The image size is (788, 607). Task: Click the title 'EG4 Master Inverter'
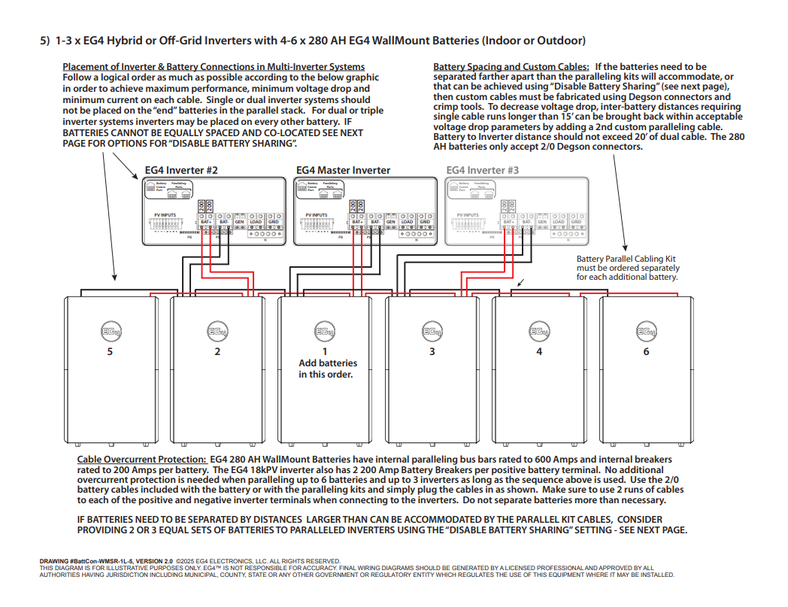[x=343, y=171]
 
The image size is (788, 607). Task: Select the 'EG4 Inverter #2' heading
[x=181, y=171]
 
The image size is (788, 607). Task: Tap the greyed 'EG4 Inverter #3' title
[x=482, y=171]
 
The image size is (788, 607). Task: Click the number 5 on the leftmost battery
[x=110, y=351]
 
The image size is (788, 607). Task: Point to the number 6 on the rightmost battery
[x=646, y=351]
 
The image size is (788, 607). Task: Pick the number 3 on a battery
[x=432, y=351]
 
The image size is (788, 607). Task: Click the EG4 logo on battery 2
[x=217, y=331]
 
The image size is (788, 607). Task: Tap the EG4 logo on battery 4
[x=539, y=331]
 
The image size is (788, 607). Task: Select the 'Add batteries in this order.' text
[x=328, y=369]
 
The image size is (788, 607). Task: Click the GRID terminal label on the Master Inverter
[x=425, y=222]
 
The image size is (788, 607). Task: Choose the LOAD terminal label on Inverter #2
[x=256, y=222]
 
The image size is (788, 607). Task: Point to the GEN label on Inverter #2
[x=239, y=222]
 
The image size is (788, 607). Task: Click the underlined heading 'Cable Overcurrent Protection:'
[x=141, y=459]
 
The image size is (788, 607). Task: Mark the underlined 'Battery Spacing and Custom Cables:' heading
[x=511, y=67]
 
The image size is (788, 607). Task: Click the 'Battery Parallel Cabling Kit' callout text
[x=626, y=259]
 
